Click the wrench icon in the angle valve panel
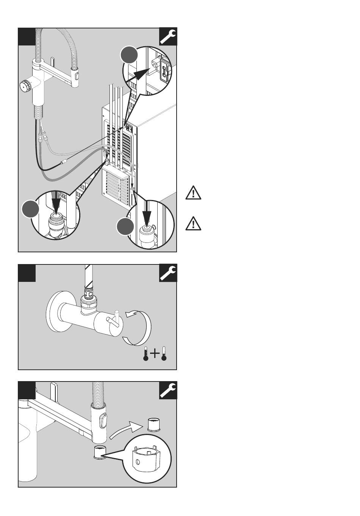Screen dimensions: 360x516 click(x=168, y=273)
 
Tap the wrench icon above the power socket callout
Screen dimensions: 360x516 click(x=168, y=37)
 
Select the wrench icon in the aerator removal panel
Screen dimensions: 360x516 click(x=168, y=390)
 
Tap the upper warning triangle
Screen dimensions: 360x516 click(x=193, y=194)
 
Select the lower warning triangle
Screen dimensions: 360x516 click(x=193, y=224)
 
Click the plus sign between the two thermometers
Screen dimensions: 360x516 click(x=155, y=353)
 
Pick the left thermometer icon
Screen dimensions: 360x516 click(x=146, y=353)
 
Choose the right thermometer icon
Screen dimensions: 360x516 click(x=164, y=353)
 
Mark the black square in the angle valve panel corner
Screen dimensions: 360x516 click(x=27, y=273)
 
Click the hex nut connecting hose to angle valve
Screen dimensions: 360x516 click(x=89, y=303)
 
